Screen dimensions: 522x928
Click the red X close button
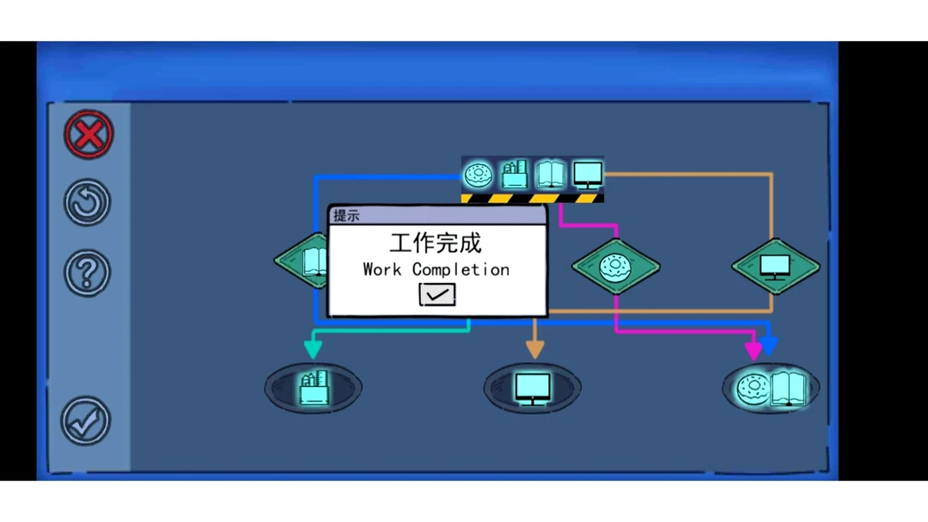[x=89, y=134]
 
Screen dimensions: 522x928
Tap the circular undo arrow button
[x=88, y=203]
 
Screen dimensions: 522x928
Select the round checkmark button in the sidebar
[x=86, y=421]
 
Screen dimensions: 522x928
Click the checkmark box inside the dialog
[x=437, y=295]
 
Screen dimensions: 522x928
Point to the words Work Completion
[x=436, y=269]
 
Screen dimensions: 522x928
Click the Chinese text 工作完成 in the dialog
[x=436, y=243]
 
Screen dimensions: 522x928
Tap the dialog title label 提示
[x=346, y=215]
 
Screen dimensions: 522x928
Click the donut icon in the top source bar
[x=478, y=175]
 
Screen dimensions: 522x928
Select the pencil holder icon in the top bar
[x=514, y=175]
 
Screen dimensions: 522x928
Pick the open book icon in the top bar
[x=550, y=175]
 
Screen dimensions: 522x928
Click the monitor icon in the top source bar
[x=587, y=175]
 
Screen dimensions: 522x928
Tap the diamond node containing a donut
[x=616, y=266]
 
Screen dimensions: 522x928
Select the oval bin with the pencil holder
[x=313, y=388]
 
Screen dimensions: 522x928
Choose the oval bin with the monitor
[x=533, y=388]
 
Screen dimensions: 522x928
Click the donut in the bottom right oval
[x=753, y=389]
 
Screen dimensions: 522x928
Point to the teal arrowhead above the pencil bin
[x=313, y=348]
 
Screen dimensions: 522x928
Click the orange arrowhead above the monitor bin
[x=534, y=348]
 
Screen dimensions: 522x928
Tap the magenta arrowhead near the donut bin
[x=754, y=350]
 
